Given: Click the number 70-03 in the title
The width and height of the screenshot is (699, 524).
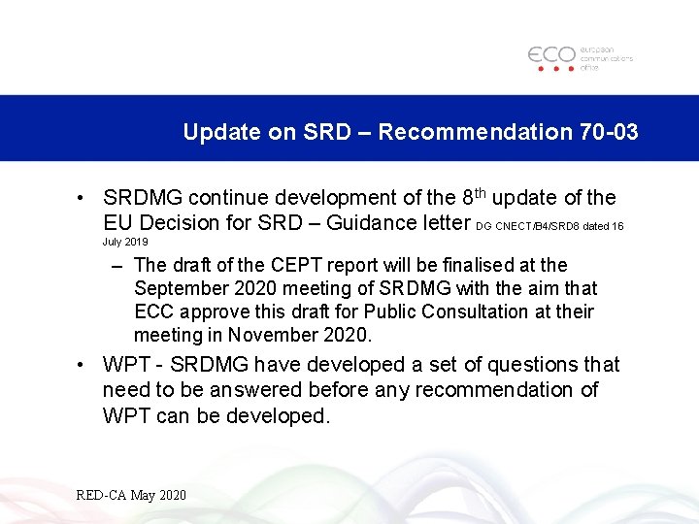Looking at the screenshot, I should click(607, 132).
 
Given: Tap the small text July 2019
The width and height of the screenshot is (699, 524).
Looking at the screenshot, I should click(125, 241).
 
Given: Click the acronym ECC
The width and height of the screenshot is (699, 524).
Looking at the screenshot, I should click(154, 311).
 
